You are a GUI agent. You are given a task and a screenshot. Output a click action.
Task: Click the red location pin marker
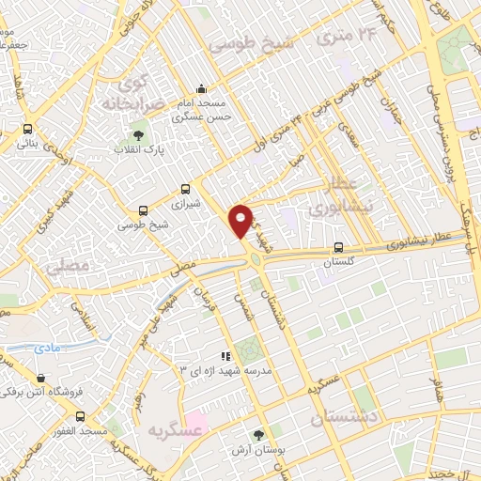click(241, 220)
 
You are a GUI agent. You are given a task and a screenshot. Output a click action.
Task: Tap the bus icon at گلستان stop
click(337, 248)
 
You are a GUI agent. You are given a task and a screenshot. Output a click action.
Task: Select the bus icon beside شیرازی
click(185, 188)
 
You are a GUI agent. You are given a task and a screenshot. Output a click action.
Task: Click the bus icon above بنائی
click(26, 130)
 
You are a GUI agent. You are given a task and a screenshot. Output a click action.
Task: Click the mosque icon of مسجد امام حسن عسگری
click(202, 90)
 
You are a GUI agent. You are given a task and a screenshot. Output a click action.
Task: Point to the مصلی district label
click(67, 268)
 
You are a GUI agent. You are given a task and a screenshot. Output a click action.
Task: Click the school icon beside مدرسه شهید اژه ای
click(225, 357)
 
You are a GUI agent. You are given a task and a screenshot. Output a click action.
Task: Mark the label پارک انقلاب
click(139, 150)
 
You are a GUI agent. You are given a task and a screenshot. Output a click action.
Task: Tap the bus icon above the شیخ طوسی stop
click(143, 210)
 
